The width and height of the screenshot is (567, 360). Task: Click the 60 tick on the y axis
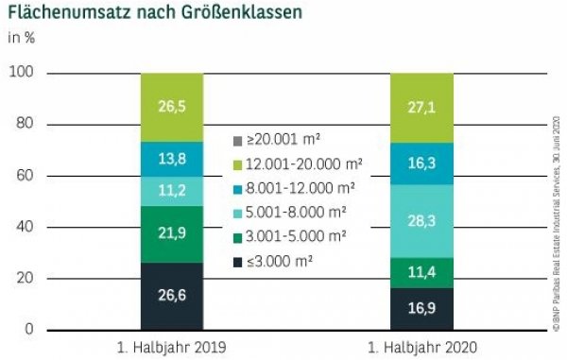25,176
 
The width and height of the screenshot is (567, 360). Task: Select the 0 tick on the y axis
29,329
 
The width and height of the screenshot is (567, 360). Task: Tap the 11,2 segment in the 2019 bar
171,191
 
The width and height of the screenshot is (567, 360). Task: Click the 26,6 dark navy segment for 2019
171,296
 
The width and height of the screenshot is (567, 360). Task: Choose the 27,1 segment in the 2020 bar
422,108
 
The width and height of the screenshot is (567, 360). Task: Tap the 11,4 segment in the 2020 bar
422,272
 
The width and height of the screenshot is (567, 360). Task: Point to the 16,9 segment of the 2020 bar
422,308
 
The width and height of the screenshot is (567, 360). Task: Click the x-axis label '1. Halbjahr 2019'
171,346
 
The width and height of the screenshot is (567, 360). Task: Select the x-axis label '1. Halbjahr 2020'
422,346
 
